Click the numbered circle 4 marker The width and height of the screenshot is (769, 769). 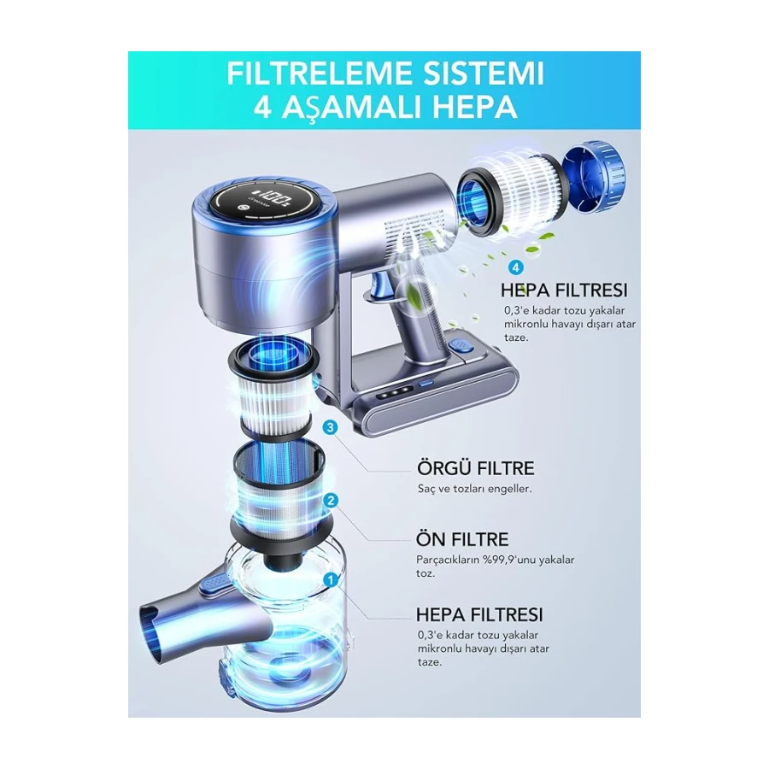tap(515, 267)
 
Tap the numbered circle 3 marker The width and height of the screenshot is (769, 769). tap(330, 427)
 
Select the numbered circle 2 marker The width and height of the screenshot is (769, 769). tap(331, 500)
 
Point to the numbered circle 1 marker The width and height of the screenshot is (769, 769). tap(331, 580)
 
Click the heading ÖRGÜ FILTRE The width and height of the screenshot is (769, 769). tap(475, 468)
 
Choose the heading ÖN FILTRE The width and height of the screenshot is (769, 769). tap(462, 539)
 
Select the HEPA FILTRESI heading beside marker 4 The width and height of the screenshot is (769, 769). tap(564, 290)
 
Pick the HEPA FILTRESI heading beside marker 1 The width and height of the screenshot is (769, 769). tap(479, 614)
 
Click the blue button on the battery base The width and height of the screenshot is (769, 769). tap(461, 345)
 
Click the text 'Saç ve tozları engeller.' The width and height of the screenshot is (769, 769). tap(475, 489)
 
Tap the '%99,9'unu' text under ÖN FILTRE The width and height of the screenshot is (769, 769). tap(512, 560)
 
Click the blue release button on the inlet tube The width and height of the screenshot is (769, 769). tap(214, 584)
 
